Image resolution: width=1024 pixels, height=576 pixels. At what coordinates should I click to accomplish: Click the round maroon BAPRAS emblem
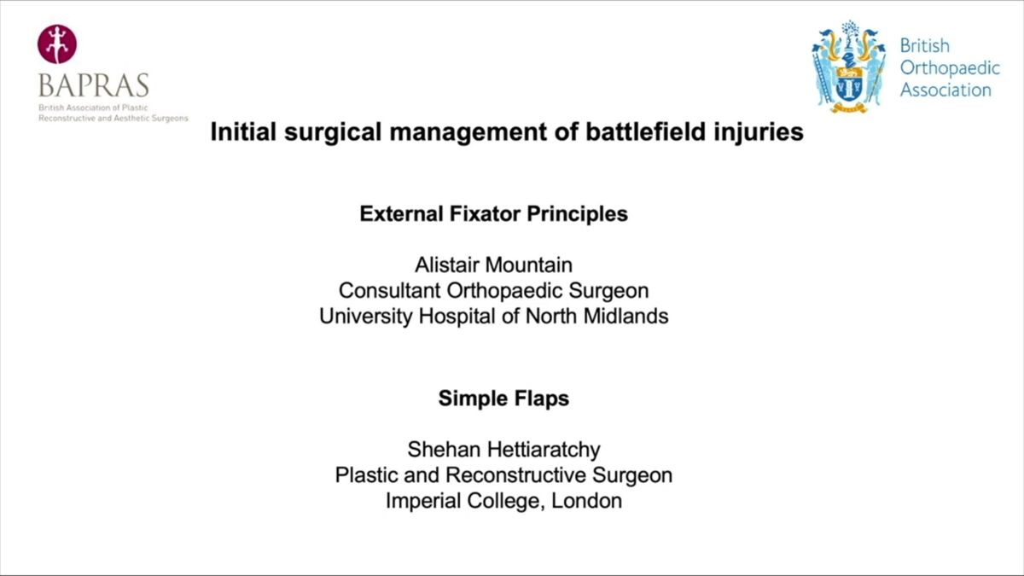click(x=57, y=44)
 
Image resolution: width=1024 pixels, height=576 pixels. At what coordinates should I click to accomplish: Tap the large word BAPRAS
click(x=94, y=85)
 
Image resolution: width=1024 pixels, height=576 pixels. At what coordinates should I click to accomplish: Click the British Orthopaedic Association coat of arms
click(x=848, y=67)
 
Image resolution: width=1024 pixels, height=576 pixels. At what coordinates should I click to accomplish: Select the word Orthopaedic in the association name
click(x=950, y=68)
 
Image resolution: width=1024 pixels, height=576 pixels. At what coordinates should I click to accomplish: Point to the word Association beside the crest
click(x=945, y=90)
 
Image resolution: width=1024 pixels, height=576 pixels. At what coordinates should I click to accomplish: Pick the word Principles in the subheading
click(x=578, y=214)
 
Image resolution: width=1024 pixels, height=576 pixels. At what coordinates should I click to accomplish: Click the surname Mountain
click(x=528, y=265)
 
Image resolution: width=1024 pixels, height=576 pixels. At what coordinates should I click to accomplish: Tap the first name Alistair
click(x=446, y=265)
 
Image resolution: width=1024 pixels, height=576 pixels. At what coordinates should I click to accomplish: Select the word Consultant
click(x=389, y=291)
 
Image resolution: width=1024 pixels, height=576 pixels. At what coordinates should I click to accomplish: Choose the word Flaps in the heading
click(x=542, y=399)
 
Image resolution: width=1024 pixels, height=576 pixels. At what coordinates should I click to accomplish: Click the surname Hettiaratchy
click(x=544, y=451)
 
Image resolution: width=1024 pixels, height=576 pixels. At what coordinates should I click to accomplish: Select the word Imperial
click(x=423, y=502)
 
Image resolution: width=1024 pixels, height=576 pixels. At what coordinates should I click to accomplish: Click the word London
click(x=586, y=501)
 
